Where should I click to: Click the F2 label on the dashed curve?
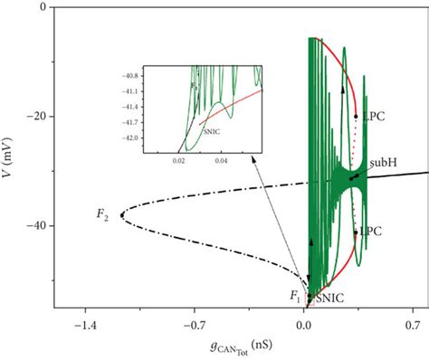tap(103, 214)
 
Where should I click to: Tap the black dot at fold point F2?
tap(120, 214)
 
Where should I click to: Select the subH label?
tap(379, 164)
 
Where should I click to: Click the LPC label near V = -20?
tap(370, 117)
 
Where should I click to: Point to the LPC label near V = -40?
tap(370, 232)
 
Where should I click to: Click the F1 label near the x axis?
tap(293, 295)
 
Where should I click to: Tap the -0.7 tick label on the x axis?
tap(195, 321)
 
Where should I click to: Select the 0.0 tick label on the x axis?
tap(305, 321)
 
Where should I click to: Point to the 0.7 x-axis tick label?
tap(414, 321)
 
